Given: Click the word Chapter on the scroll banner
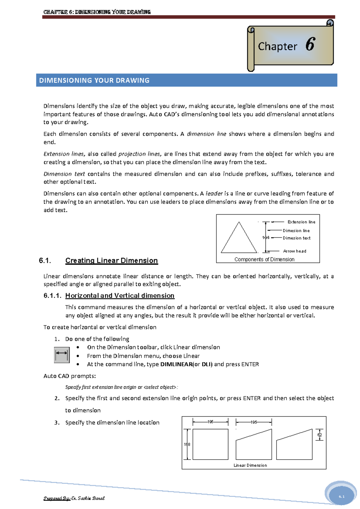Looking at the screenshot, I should [x=277, y=46].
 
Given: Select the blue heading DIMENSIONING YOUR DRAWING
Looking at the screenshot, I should [x=94, y=80].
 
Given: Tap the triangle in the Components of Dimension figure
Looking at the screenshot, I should [x=239, y=240].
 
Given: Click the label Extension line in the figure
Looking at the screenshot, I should [x=301, y=222].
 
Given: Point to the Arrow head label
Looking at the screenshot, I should [x=295, y=251].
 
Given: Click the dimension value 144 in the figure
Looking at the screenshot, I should [x=265, y=238].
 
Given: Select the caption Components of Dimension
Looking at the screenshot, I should [x=264, y=259].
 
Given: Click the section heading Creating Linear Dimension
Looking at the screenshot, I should [x=111, y=260].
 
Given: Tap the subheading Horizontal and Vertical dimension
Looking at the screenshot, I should [x=120, y=296].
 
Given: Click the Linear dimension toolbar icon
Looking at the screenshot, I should [x=62, y=355].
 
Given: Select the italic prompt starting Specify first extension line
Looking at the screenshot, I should [x=121, y=387].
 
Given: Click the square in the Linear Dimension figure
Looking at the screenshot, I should [x=210, y=444].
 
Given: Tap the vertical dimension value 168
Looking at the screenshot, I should [x=187, y=444].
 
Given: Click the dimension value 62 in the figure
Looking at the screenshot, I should [x=319, y=435].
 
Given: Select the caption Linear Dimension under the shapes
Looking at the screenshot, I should [x=250, y=465].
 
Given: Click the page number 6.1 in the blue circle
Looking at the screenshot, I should [x=341, y=496].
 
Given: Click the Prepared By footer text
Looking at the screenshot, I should [x=74, y=498].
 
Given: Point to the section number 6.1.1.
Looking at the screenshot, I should [x=52, y=296].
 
